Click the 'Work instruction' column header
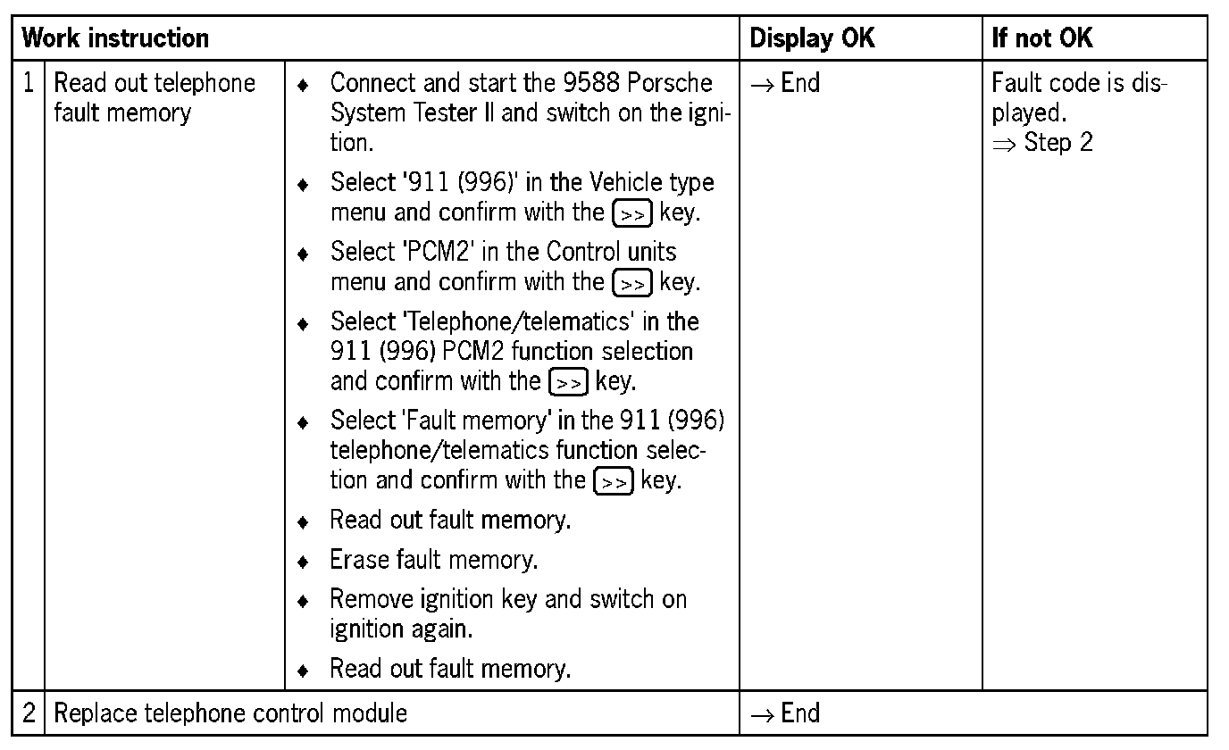(114, 38)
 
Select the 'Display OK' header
(812, 38)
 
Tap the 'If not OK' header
(1042, 38)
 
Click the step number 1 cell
(29, 84)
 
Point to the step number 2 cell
(29, 713)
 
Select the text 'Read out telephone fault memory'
(154, 98)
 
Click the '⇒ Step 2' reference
(1042, 143)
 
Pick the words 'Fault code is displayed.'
(1079, 98)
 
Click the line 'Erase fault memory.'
(433, 560)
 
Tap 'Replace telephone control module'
(230, 713)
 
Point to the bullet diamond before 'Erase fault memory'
(304, 562)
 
